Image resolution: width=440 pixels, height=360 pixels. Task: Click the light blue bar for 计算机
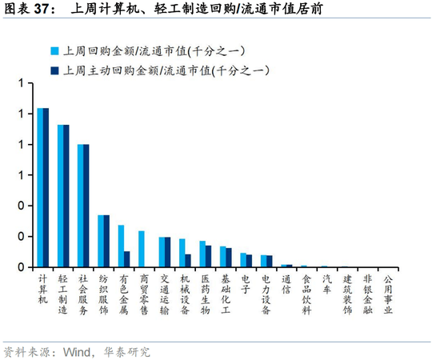point(40,187)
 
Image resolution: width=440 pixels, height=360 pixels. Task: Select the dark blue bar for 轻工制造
point(66,196)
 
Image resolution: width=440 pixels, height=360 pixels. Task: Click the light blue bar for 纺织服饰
point(101,241)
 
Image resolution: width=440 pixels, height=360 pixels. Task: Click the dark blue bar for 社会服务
point(86,206)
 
